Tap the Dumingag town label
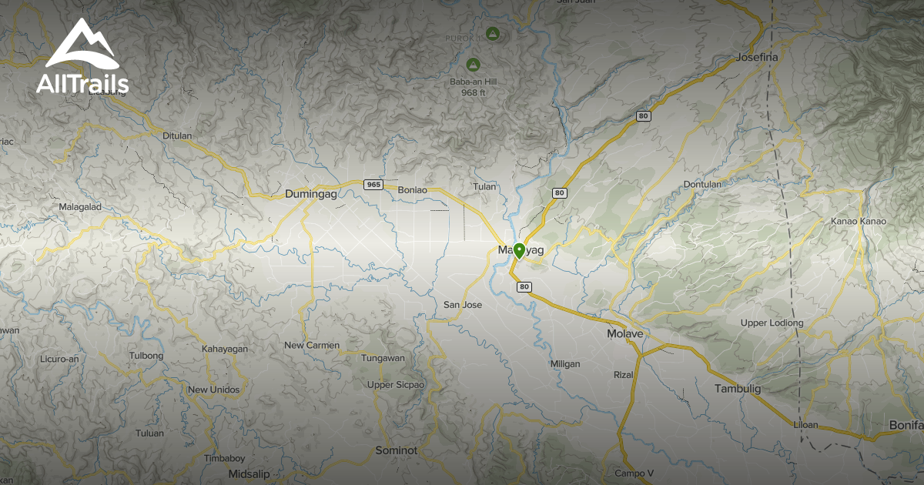coord(311,195)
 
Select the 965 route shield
coord(373,184)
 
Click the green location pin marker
coord(520,251)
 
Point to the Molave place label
coord(624,334)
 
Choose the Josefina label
coord(758,58)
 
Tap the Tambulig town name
coord(737,389)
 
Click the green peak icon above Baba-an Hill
coord(473,63)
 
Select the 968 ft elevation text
coord(473,93)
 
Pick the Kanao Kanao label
coord(859,222)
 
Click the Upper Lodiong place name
coord(772,323)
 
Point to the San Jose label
coord(463,305)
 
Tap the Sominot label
coord(396,450)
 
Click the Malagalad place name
coord(81,207)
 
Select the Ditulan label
coord(177,135)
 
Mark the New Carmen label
coord(312,346)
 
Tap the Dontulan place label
coord(703,185)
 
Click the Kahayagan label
coord(225,350)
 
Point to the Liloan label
coord(805,425)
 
